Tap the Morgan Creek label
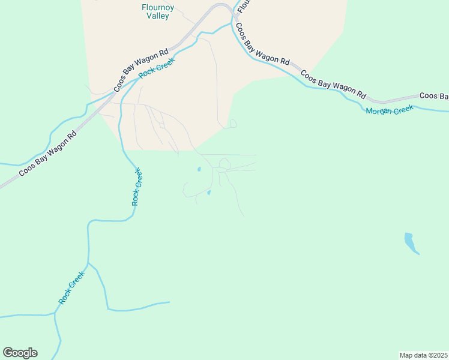pos(390,110)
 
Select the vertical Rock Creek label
pos(137,187)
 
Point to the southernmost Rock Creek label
pos(72,287)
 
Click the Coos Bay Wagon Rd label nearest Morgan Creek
pos(333,85)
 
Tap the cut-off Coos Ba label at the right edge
pos(433,96)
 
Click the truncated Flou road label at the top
pos(243,6)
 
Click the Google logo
pos(20,353)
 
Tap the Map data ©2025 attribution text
pos(423,355)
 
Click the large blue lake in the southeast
pos(411,242)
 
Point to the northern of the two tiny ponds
pos(199,169)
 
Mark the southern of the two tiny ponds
pos(209,193)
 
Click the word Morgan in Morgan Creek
pos(379,111)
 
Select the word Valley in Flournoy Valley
pos(158,16)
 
